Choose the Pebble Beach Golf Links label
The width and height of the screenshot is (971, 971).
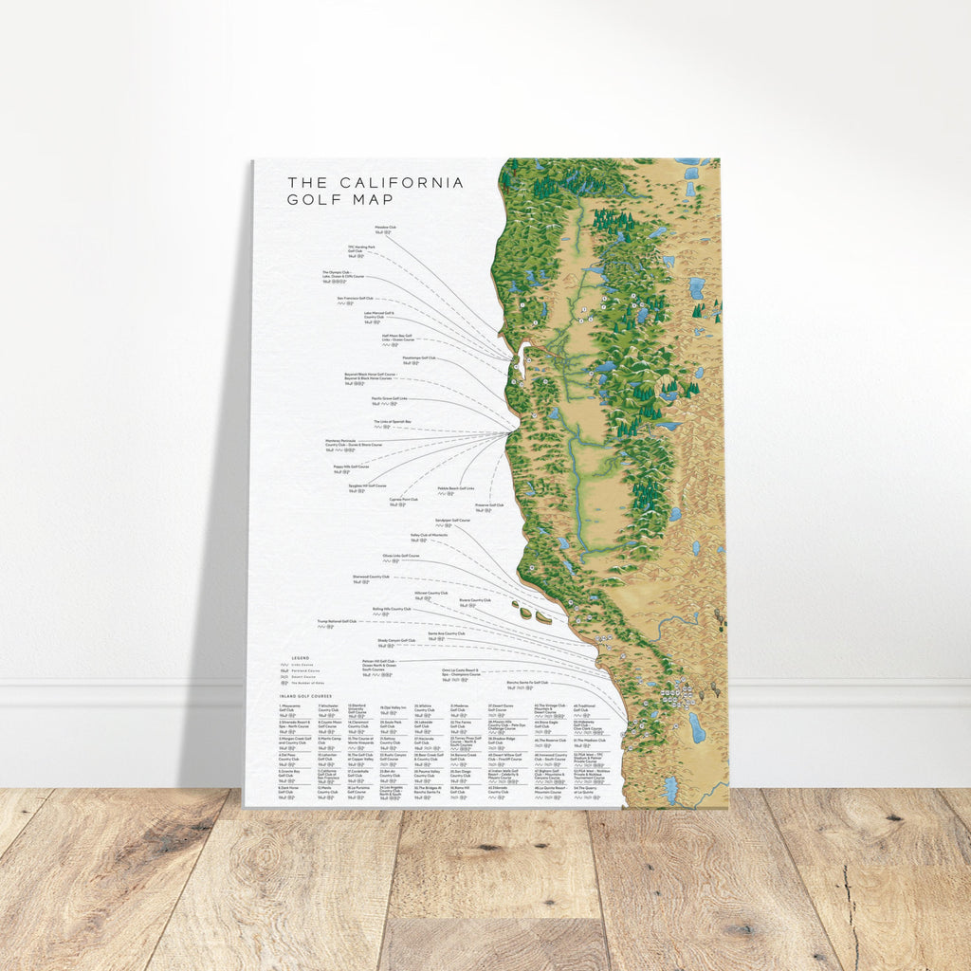[x=455, y=488]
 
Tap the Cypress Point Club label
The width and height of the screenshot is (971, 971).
[x=403, y=499]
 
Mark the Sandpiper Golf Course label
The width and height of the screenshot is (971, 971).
[x=452, y=521]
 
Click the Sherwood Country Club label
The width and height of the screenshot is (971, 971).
[x=371, y=576]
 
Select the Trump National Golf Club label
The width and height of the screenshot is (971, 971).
[x=336, y=622]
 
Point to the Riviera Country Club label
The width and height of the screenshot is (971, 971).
[x=474, y=600]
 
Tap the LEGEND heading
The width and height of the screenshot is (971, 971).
[x=300, y=657]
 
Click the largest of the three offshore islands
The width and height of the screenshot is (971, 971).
[x=544, y=616]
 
